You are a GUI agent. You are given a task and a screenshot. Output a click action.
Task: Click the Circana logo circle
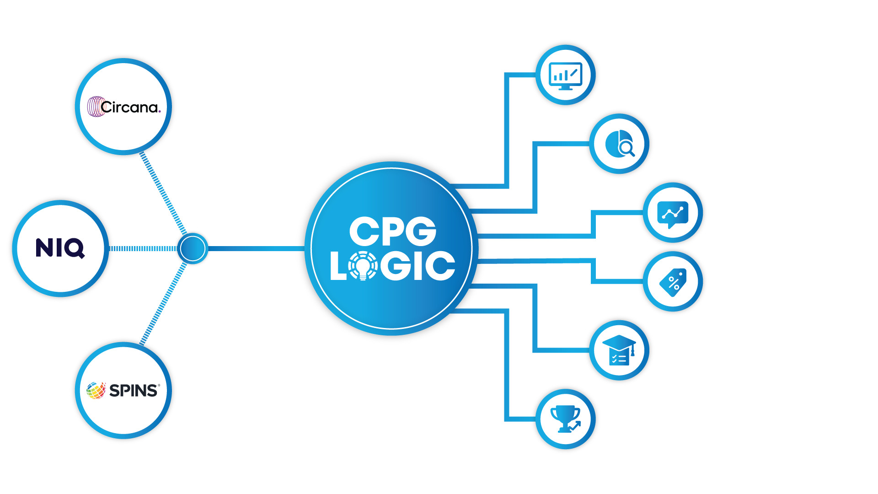tap(123, 107)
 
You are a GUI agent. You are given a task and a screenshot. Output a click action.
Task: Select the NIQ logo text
tap(60, 248)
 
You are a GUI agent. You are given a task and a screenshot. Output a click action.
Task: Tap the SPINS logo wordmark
tap(134, 391)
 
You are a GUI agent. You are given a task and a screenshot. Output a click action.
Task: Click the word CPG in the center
tap(392, 231)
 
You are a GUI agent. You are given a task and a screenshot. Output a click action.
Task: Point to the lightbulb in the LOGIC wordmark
tap(363, 266)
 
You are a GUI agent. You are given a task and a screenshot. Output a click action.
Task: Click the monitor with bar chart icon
tap(565, 75)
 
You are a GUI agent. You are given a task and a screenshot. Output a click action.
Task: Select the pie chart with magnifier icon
tap(619, 144)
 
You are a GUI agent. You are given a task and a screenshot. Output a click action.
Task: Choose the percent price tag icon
tap(673, 282)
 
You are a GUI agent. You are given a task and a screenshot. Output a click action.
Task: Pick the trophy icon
tap(565, 418)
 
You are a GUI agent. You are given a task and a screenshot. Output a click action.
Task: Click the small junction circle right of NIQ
tap(193, 248)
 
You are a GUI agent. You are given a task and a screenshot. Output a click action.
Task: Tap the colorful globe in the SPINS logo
tap(96, 391)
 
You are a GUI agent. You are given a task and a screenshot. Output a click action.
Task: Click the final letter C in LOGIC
tap(442, 266)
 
